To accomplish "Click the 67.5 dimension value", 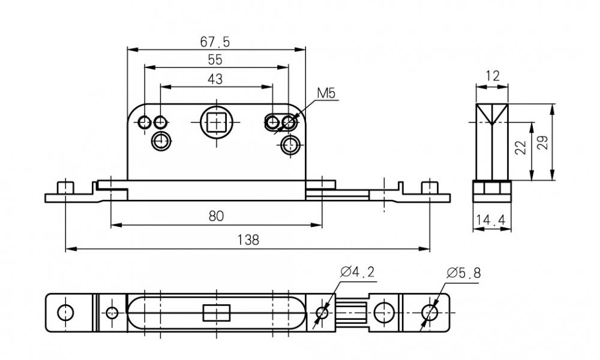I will click(x=215, y=42).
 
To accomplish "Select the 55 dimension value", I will click(x=215, y=59).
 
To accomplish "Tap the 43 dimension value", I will click(x=215, y=79).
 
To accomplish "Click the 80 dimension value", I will click(x=216, y=216).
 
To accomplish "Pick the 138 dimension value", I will click(x=248, y=240).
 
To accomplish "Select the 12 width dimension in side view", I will click(x=493, y=76).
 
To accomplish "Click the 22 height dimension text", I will click(x=521, y=148).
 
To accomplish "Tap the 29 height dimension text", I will click(x=544, y=143).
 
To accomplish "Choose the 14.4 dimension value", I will click(x=490, y=221).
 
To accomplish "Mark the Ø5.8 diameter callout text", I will click(x=463, y=273).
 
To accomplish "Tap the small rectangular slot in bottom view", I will click(x=216, y=313).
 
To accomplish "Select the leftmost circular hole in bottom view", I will click(x=65, y=312).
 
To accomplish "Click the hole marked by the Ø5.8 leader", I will click(x=429, y=312).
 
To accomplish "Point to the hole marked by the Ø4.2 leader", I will click(x=322, y=312).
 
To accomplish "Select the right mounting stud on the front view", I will click(x=428, y=187).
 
